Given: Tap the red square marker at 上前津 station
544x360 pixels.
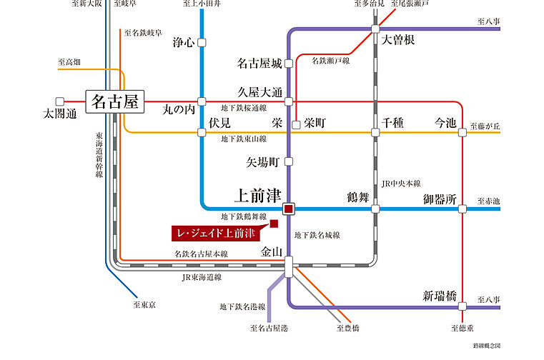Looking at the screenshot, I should coord(289,209).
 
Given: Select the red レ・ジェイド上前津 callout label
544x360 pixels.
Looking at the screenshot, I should coord(218,234).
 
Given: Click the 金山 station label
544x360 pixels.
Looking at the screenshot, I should coord(273,252).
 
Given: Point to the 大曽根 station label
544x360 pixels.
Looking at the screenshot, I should coord(398,39).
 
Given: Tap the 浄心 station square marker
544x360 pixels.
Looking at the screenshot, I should coord(202,43).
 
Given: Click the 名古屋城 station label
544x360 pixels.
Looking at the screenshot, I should coord(259,64).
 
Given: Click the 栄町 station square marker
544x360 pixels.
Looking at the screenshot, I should coord(297,125).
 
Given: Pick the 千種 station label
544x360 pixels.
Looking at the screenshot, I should coord(393,123).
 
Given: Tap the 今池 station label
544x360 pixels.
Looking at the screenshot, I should coord(445,123).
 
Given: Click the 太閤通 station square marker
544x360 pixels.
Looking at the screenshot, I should coord(60,101).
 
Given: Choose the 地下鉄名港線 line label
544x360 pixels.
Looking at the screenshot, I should coord(242,307).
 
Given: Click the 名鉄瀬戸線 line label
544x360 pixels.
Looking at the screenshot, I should coord(330,61).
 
